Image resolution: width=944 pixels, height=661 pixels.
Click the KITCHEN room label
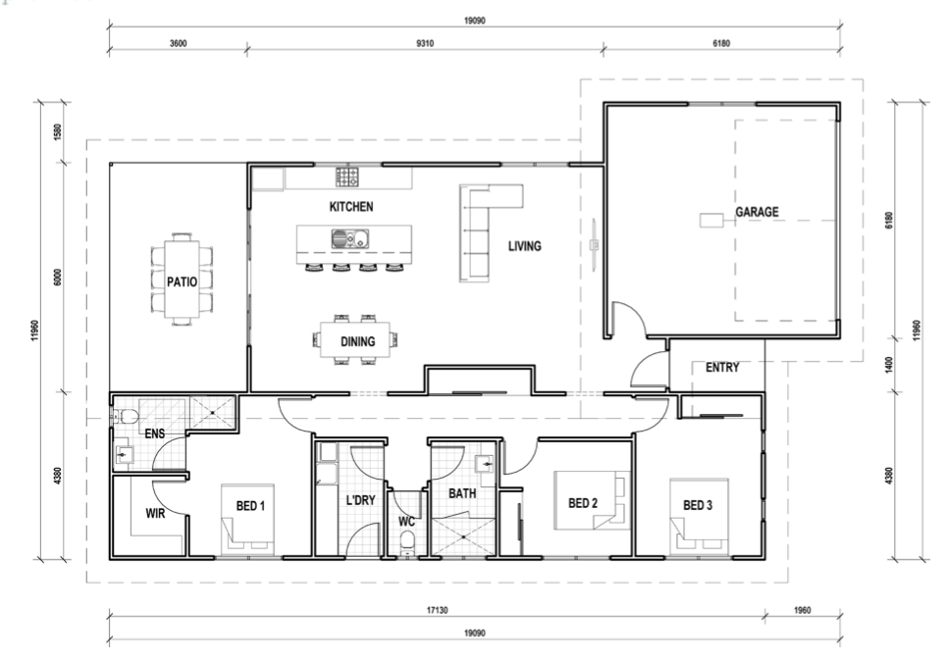tap(351, 206)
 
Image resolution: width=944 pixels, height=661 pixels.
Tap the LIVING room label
tap(524, 246)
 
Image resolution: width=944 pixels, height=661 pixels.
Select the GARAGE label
tap(757, 212)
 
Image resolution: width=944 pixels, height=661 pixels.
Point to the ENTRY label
tap(722, 368)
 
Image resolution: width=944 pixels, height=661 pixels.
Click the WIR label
tap(155, 514)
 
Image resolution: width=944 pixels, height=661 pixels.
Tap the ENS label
tap(155, 433)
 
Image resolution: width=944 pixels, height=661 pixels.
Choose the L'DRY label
tap(360, 500)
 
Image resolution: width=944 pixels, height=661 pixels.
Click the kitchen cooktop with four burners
tap(347, 177)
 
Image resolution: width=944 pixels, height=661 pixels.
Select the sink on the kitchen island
tap(349, 238)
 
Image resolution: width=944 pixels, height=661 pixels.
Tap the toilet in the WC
tap(407, 542)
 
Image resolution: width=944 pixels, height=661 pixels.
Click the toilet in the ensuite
tap(126, 416)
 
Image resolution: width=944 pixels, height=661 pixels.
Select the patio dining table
tap(182, 280)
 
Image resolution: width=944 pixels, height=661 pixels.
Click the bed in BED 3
tap(700, 517)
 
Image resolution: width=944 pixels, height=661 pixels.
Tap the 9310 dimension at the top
tap(425, 43)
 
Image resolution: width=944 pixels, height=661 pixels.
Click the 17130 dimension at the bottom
tap(437, 610)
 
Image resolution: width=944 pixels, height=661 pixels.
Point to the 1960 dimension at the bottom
tap(802, 610)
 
